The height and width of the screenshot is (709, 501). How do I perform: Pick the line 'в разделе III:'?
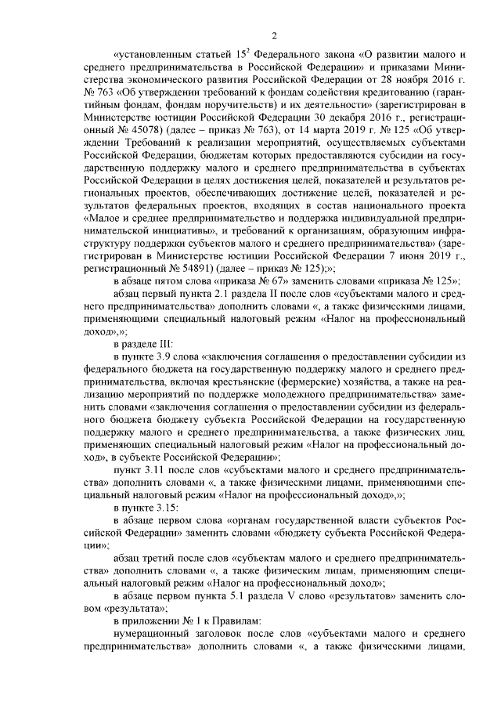click(x=145, y=344)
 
